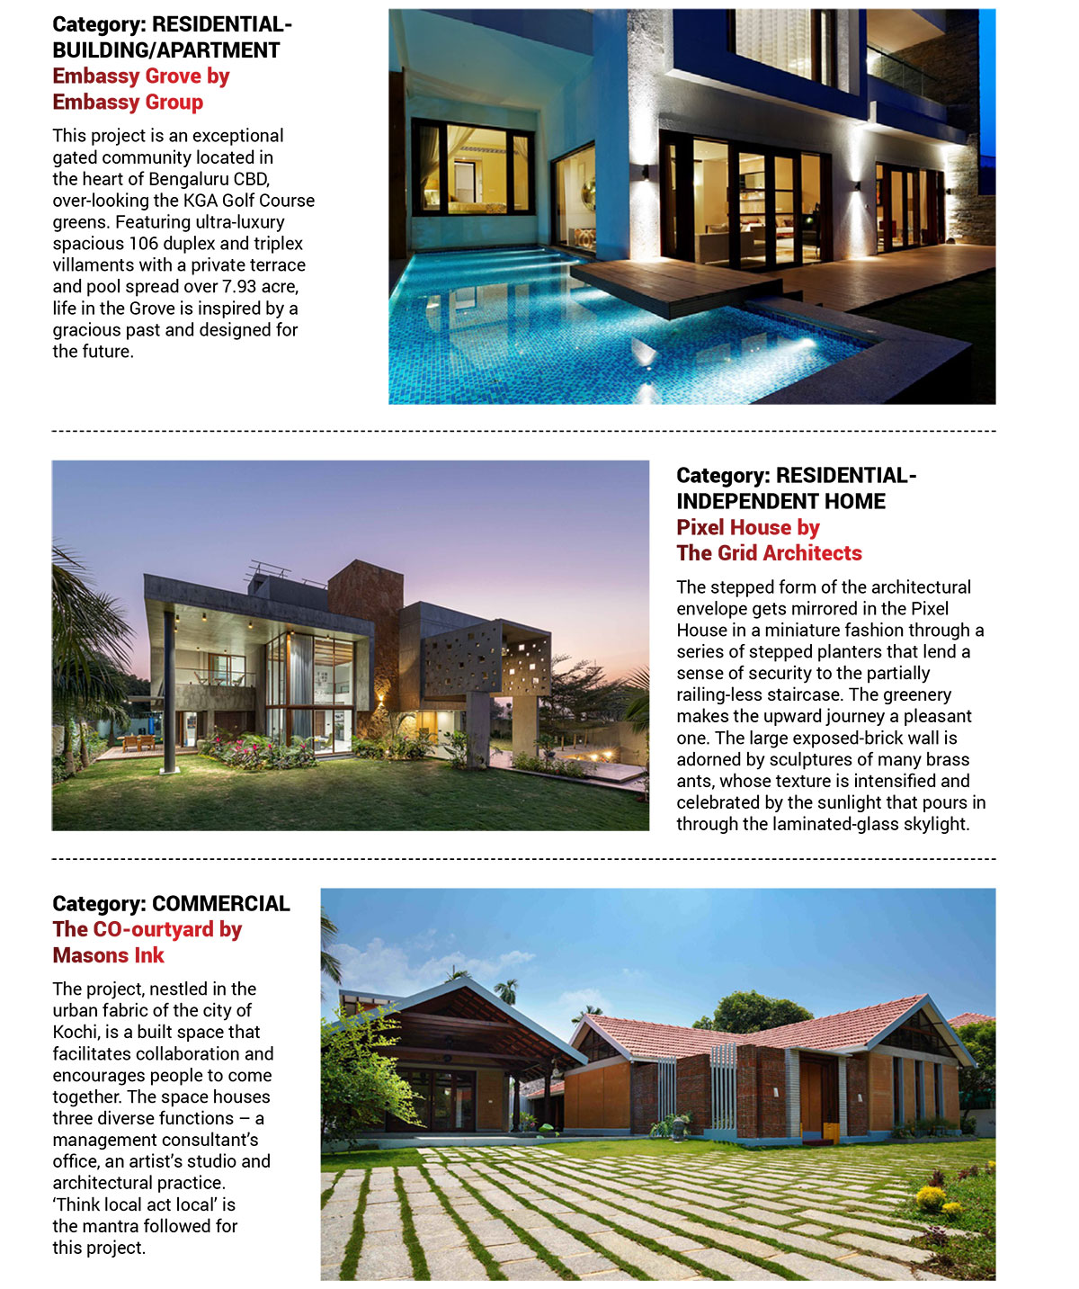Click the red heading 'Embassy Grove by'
tap(140, 76)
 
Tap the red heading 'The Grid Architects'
tap(769, 553)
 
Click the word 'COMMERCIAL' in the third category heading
tap(221, 904)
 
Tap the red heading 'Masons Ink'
tap(108, 955)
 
